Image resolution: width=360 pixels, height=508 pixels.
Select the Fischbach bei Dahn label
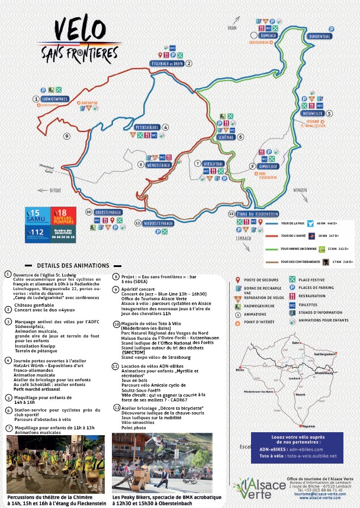click(x=168, y=63)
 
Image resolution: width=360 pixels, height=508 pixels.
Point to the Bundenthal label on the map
click(x=319, y=36)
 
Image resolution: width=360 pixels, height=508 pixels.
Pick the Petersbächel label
click(x=148, y=127)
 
